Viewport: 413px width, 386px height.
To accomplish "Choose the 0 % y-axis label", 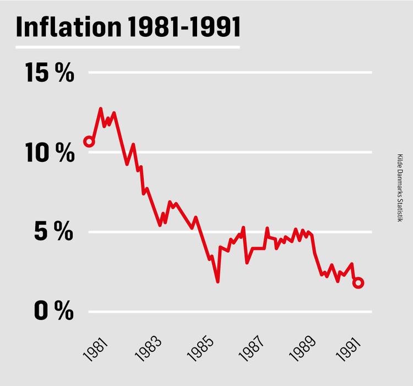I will (54, 312).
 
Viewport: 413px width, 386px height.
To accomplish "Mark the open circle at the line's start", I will (89, 142).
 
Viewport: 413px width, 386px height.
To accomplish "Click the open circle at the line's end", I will (358, 282).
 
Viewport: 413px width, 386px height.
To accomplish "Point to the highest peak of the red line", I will (101, 109).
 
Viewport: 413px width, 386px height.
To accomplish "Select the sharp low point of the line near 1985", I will (218, 281).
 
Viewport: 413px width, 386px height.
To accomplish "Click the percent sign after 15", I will (64, 73).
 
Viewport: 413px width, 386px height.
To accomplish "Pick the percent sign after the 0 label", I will (64, 312).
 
